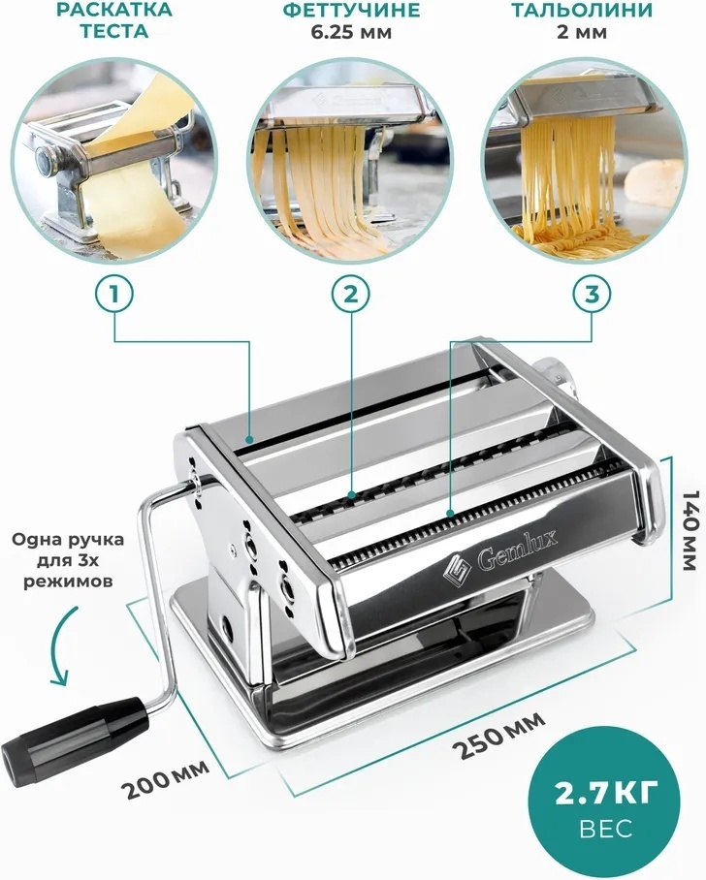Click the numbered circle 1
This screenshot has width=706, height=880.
click(114, 294)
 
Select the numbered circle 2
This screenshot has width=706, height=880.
click(350, 294)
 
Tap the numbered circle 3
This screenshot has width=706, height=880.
click(592, 294)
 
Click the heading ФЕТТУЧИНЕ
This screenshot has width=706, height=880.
click(351, 10)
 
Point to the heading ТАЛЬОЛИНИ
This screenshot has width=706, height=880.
click(582, 10)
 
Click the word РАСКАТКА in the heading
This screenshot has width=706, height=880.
click(115, 10)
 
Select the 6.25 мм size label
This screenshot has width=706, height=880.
click(351, 31)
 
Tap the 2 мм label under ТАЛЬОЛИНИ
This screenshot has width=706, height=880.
click(582, 31)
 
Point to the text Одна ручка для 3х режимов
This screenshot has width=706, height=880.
click(68, 560)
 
